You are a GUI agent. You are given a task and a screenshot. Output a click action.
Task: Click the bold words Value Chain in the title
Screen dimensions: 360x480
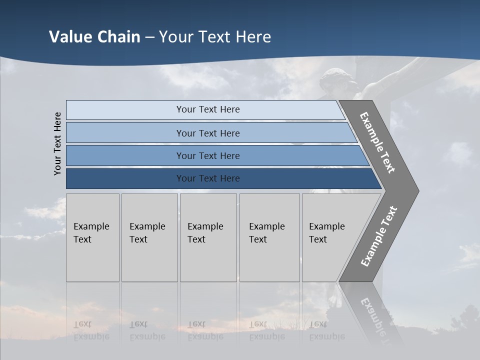[x=94, y=37]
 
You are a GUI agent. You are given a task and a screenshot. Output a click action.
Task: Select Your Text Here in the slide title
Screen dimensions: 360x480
[x=215, y=37]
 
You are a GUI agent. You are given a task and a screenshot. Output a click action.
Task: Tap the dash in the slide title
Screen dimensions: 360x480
[x=149, y=37]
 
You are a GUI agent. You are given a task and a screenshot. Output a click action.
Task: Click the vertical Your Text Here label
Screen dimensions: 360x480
[x=57, y=143]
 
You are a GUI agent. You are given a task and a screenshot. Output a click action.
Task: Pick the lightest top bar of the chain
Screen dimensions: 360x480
[x=207, y=109]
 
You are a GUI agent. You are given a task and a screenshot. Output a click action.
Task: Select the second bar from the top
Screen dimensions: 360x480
[x=207, y=133]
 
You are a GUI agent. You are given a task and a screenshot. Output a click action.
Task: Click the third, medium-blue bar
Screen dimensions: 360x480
[x=207, y=155]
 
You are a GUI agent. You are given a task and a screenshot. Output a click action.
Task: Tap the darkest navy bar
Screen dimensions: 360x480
[x=207, y=178]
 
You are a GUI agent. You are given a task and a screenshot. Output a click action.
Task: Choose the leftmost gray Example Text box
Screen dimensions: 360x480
[x=92, y=237]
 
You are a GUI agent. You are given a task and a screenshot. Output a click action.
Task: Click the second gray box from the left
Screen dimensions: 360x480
[x=149, y=237]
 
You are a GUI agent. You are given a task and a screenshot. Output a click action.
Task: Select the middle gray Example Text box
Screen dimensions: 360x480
[x=208, y=237]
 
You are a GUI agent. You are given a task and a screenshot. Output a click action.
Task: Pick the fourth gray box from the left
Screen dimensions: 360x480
[x=269, y=237]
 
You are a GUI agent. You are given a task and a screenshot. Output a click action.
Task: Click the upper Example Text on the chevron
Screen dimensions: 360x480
[x=377, y=142]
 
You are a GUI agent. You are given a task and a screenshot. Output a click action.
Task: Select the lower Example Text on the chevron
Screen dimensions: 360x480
[x=378, y=236]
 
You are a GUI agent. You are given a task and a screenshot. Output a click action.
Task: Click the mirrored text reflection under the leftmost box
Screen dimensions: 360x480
[x=91, y=330]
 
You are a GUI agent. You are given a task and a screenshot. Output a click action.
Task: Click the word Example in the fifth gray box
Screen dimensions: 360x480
[x=326, y=226]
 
